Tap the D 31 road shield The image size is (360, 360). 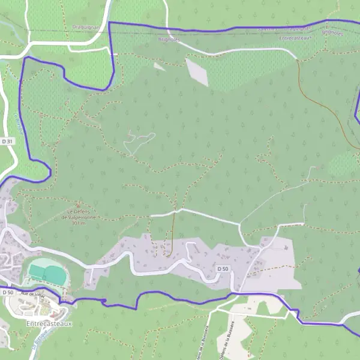tap(7, 141)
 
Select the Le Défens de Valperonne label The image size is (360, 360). tap(77, 214)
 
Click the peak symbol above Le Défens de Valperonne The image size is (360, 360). tap(77, 205)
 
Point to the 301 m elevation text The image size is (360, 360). tap(77, 223)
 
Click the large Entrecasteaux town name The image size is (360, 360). tap(49, 323)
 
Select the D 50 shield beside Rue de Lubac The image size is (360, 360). tap(7, 292)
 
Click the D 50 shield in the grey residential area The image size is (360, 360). tap(223, 268)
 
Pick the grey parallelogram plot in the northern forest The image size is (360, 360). tap(197, 71)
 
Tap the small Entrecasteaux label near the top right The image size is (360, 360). tap(296, 38)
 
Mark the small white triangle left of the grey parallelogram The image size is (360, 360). tap(159, 67)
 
